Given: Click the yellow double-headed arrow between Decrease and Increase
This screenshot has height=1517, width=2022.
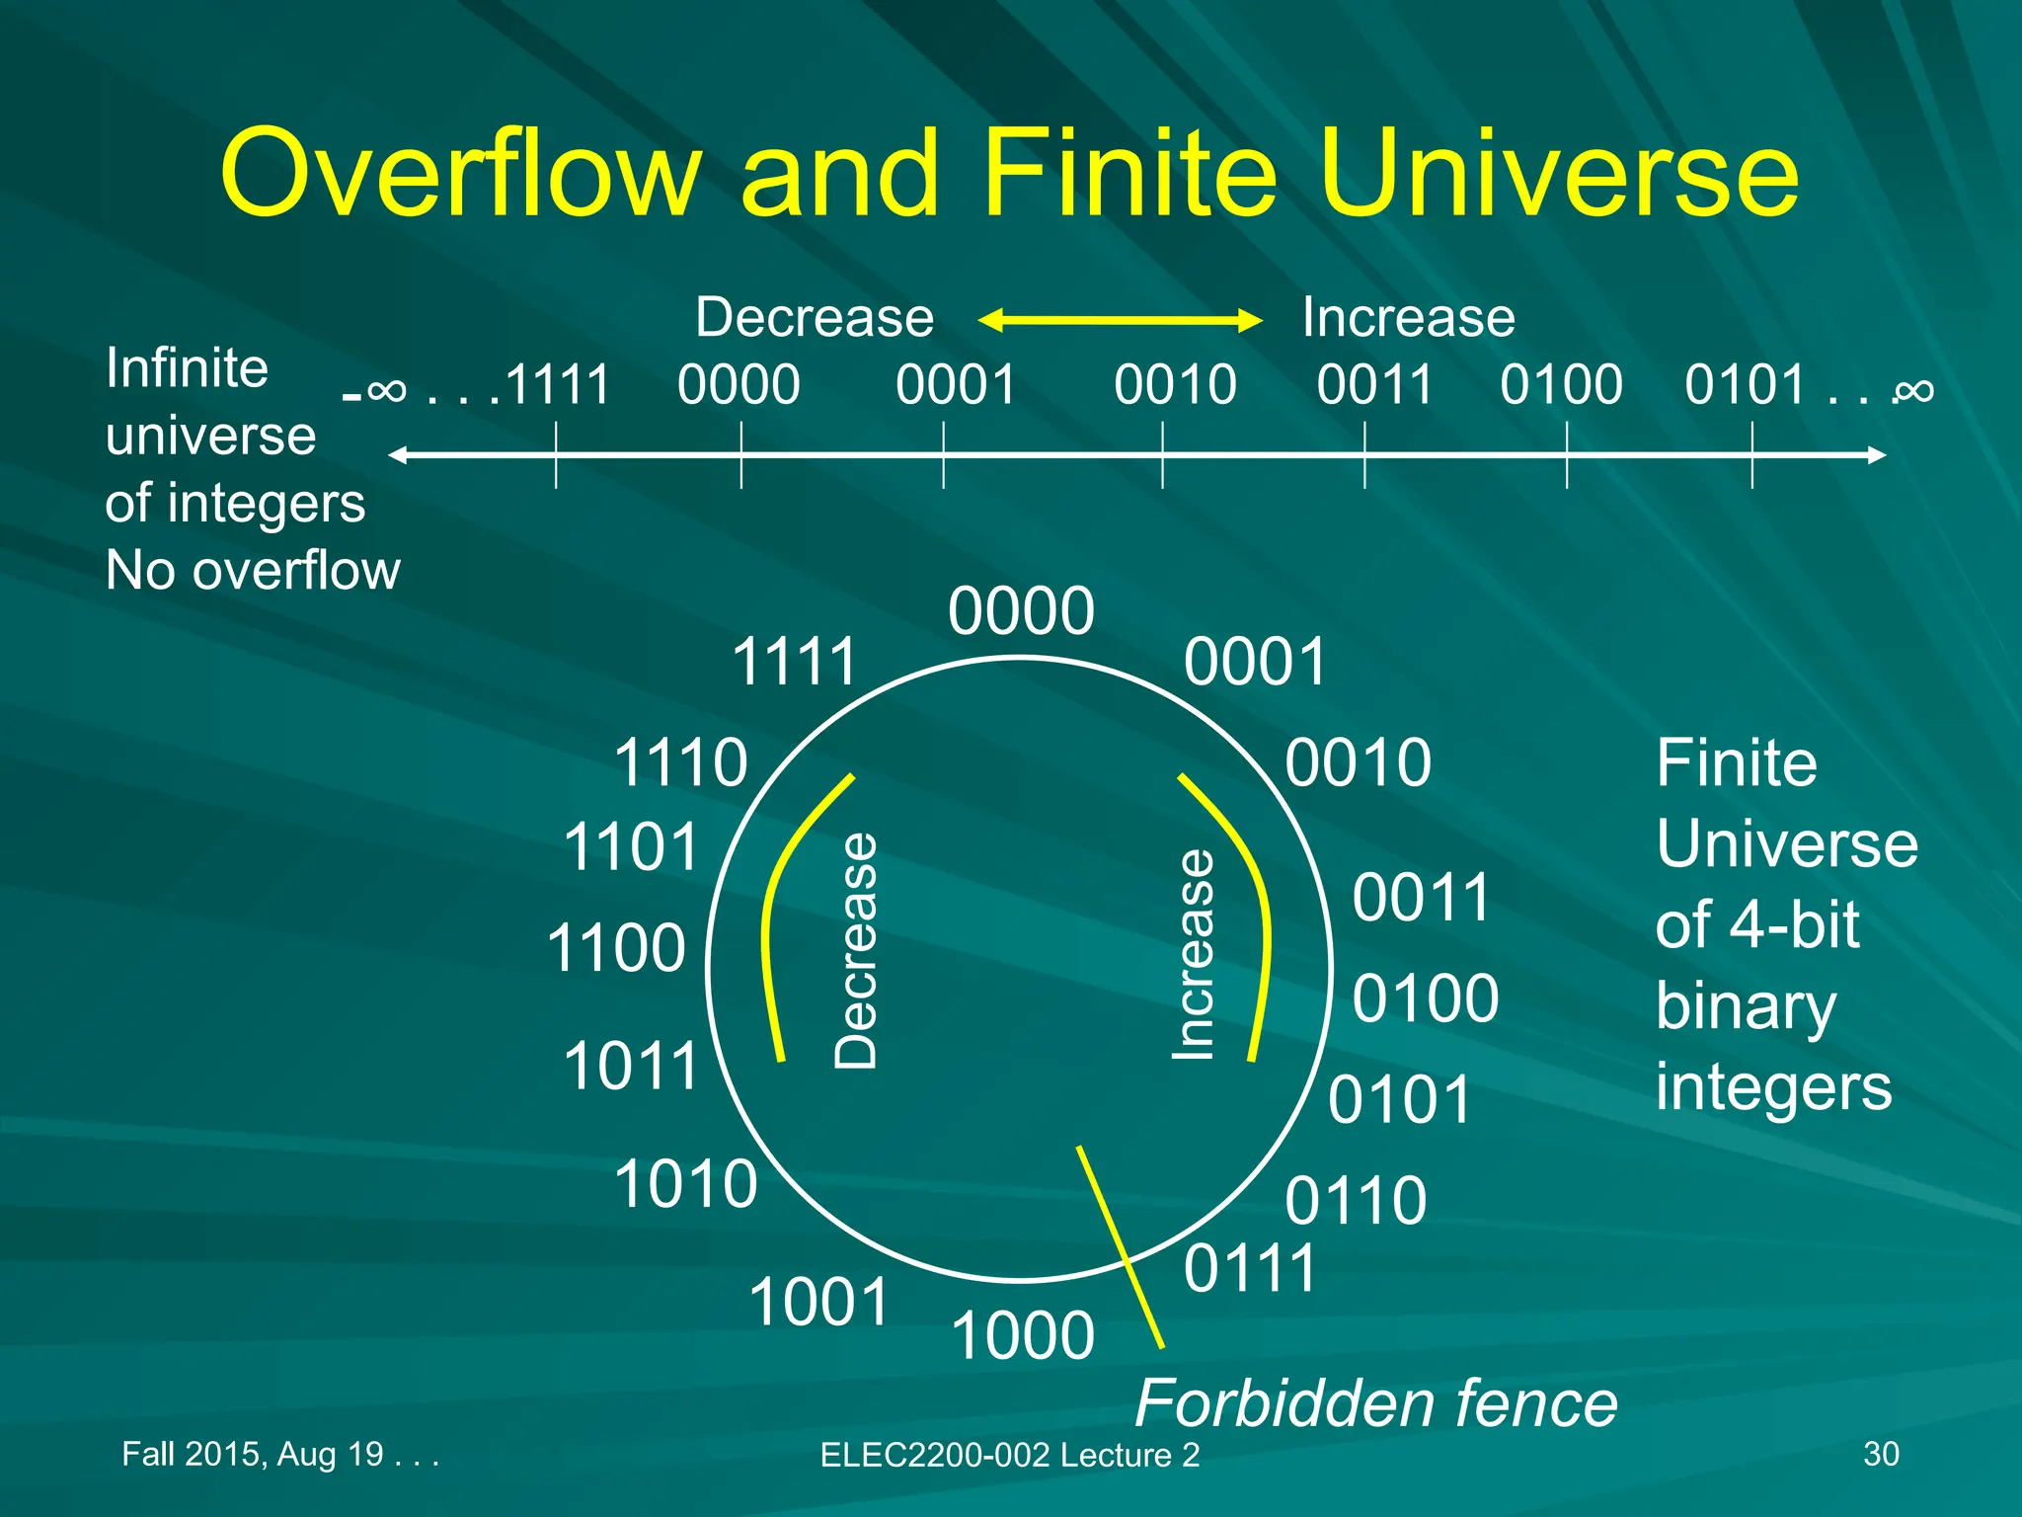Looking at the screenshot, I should pyautogui.click(x=1120, y=320).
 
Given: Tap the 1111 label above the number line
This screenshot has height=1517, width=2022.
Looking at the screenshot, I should pyautogui.click(x=558, y=385).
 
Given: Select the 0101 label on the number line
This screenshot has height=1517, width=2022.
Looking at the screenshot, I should pyautogui.click(x=1746, y=385).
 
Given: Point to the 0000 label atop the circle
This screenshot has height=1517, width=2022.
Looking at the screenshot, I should pyautogui.click(x=1021, y=611).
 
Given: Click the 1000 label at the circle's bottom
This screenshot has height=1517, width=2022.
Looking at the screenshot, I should pyautogui.click(x=1023, y=1335).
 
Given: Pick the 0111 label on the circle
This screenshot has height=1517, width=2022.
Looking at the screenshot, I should pyautogui.click(x=1250, y=1268).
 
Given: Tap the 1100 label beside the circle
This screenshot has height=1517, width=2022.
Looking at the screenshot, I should pyautogui.click(x=616, y=948).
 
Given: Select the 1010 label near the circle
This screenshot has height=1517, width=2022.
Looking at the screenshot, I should pyautogui.click(x=685, y=1183).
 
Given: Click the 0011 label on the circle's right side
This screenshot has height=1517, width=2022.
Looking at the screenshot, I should pyautogui.click(x=1421, y=898).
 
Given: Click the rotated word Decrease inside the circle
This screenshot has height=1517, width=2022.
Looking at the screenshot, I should pyautogui.click(x=855, y=950).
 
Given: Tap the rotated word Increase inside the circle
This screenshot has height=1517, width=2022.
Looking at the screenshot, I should pyautogui.click(x=1193, y=954).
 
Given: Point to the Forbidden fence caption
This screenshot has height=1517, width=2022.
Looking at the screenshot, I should pyautogui.click(x=1376, y=1403).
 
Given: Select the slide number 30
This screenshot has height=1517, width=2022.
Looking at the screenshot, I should pyautogui.click(x=1881, y=1454).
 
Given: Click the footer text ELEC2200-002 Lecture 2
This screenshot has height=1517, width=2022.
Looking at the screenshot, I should pyautogui.click(x=1009, y=1455).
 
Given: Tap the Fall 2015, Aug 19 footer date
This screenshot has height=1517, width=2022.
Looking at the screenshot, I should pyautogui.click(x=279, y=1454).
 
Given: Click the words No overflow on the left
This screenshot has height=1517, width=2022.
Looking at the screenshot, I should pyautogui.click(x=253, y=571).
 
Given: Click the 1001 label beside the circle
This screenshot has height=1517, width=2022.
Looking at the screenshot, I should pyautogui.click(x=819, y=1302).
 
